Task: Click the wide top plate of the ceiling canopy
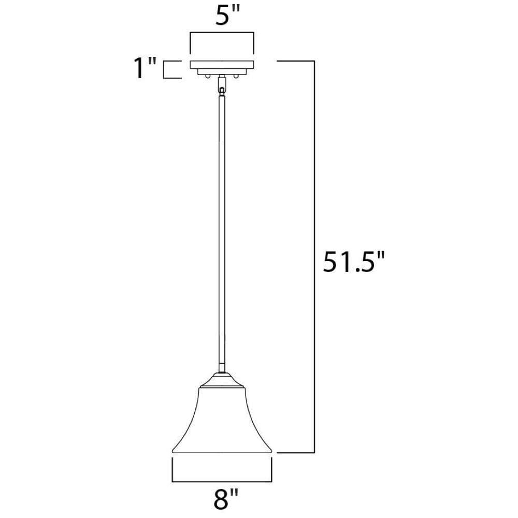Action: click(222, 65)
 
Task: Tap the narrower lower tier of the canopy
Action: click(222, 71)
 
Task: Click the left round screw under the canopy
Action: click(207, 77)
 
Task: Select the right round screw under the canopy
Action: click(236, 77)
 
